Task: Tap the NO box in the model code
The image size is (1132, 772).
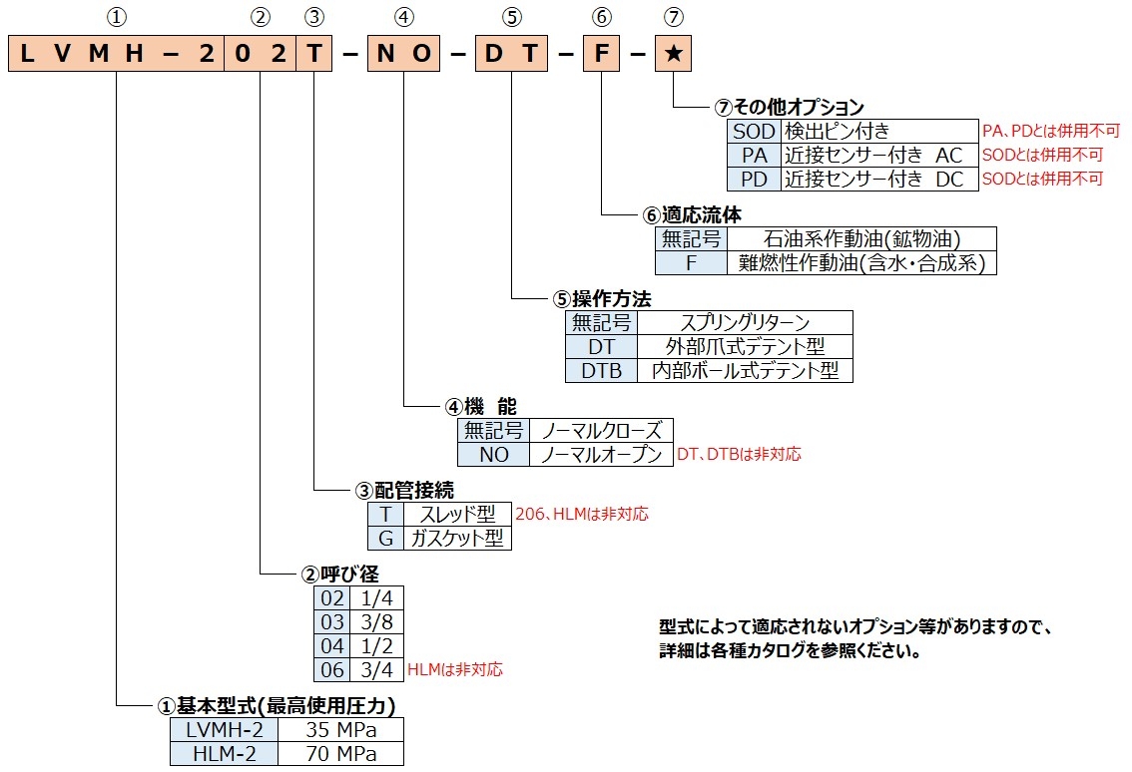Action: click(x=404, y=54)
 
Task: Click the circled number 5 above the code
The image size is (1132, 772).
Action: click(x=511, y=16)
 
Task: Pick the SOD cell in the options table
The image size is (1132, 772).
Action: click(x=754, y=131)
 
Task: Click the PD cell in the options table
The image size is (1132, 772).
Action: click(x=754, y=179)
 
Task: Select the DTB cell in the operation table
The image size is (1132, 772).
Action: click(x=601, y=370)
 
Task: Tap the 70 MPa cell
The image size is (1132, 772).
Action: click(x=340, y=753)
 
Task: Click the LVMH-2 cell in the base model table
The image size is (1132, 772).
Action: click(x=224, y=729)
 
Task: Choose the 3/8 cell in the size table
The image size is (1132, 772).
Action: click(x=376, y=622)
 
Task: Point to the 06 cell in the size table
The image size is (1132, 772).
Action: click(x=331, y=669)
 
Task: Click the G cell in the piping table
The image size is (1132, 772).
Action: click(x=385, y=539)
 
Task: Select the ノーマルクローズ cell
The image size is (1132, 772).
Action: click(x=601, y=430)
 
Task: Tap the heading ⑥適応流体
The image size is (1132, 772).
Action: click(x=692, y=214)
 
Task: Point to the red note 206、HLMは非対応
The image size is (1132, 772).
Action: click(x=582, y=515)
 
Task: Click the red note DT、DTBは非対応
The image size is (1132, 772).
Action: click(x=739, y=454)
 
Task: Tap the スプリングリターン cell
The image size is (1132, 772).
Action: click(x=745, y=322)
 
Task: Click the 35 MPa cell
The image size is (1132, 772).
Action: click(x=340, y=729)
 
